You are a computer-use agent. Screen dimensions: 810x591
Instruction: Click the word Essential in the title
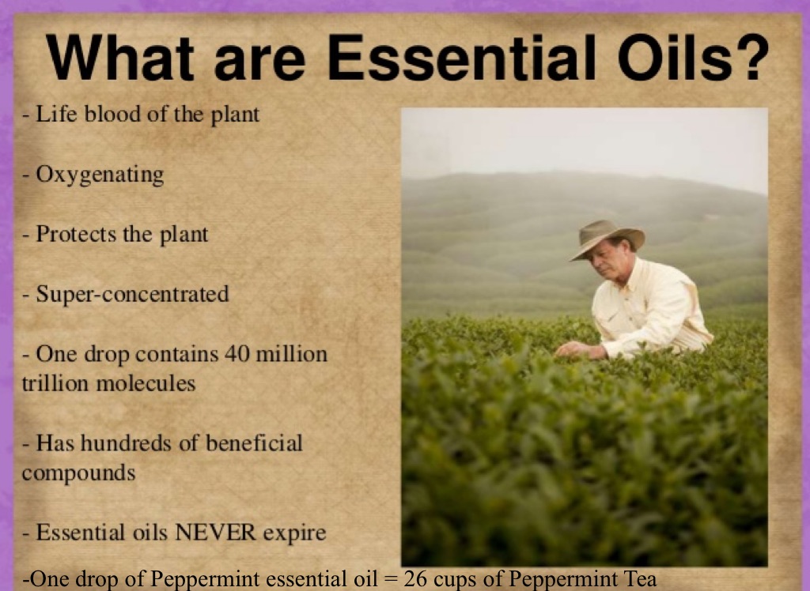coord(461,58)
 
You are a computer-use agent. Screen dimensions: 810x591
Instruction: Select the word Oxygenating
coord(100,175)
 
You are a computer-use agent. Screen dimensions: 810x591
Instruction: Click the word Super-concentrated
coord(132,294)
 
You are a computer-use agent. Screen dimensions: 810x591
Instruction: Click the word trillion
coord(55,383)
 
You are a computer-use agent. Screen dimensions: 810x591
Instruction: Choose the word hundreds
coord(127,443)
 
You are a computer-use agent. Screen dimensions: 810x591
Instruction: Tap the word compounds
coord(78,473)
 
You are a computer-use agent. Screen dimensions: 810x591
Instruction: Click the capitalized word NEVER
coord(215,533)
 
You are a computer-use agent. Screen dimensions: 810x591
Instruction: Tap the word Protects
coord(77,234)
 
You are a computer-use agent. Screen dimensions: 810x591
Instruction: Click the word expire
coord(294,533)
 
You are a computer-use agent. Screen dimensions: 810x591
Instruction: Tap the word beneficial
coord(254,443)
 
